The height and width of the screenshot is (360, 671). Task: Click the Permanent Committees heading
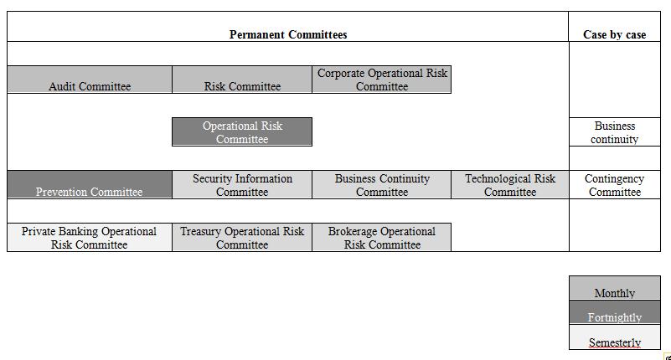(288, 34)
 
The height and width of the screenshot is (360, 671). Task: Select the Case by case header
(615, 34)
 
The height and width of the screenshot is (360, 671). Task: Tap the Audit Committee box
(90, 80)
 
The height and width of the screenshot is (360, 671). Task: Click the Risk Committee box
(242, 80)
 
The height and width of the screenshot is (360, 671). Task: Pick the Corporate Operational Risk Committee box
(382, 80)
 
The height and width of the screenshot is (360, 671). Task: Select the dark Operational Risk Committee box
(242, 132)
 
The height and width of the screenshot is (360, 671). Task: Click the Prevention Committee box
(90, 185)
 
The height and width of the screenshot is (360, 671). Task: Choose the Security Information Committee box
(242, 185)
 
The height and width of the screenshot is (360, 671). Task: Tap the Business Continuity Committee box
(382, 185)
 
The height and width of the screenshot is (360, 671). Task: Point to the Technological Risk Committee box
(510, 185)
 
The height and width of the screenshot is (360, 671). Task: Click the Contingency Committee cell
(615, 185)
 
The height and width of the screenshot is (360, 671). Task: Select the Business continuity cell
(615, 132)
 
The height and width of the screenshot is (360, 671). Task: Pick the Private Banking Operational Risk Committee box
(90, 237)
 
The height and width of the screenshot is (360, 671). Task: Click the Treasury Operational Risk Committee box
(242, 237)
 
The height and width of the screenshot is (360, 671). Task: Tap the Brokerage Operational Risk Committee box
(382, 237)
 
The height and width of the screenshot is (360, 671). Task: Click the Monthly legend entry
(615, 288)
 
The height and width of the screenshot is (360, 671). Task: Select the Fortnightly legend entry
(615, 312)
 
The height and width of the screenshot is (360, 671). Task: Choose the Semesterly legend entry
(615, 337)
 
